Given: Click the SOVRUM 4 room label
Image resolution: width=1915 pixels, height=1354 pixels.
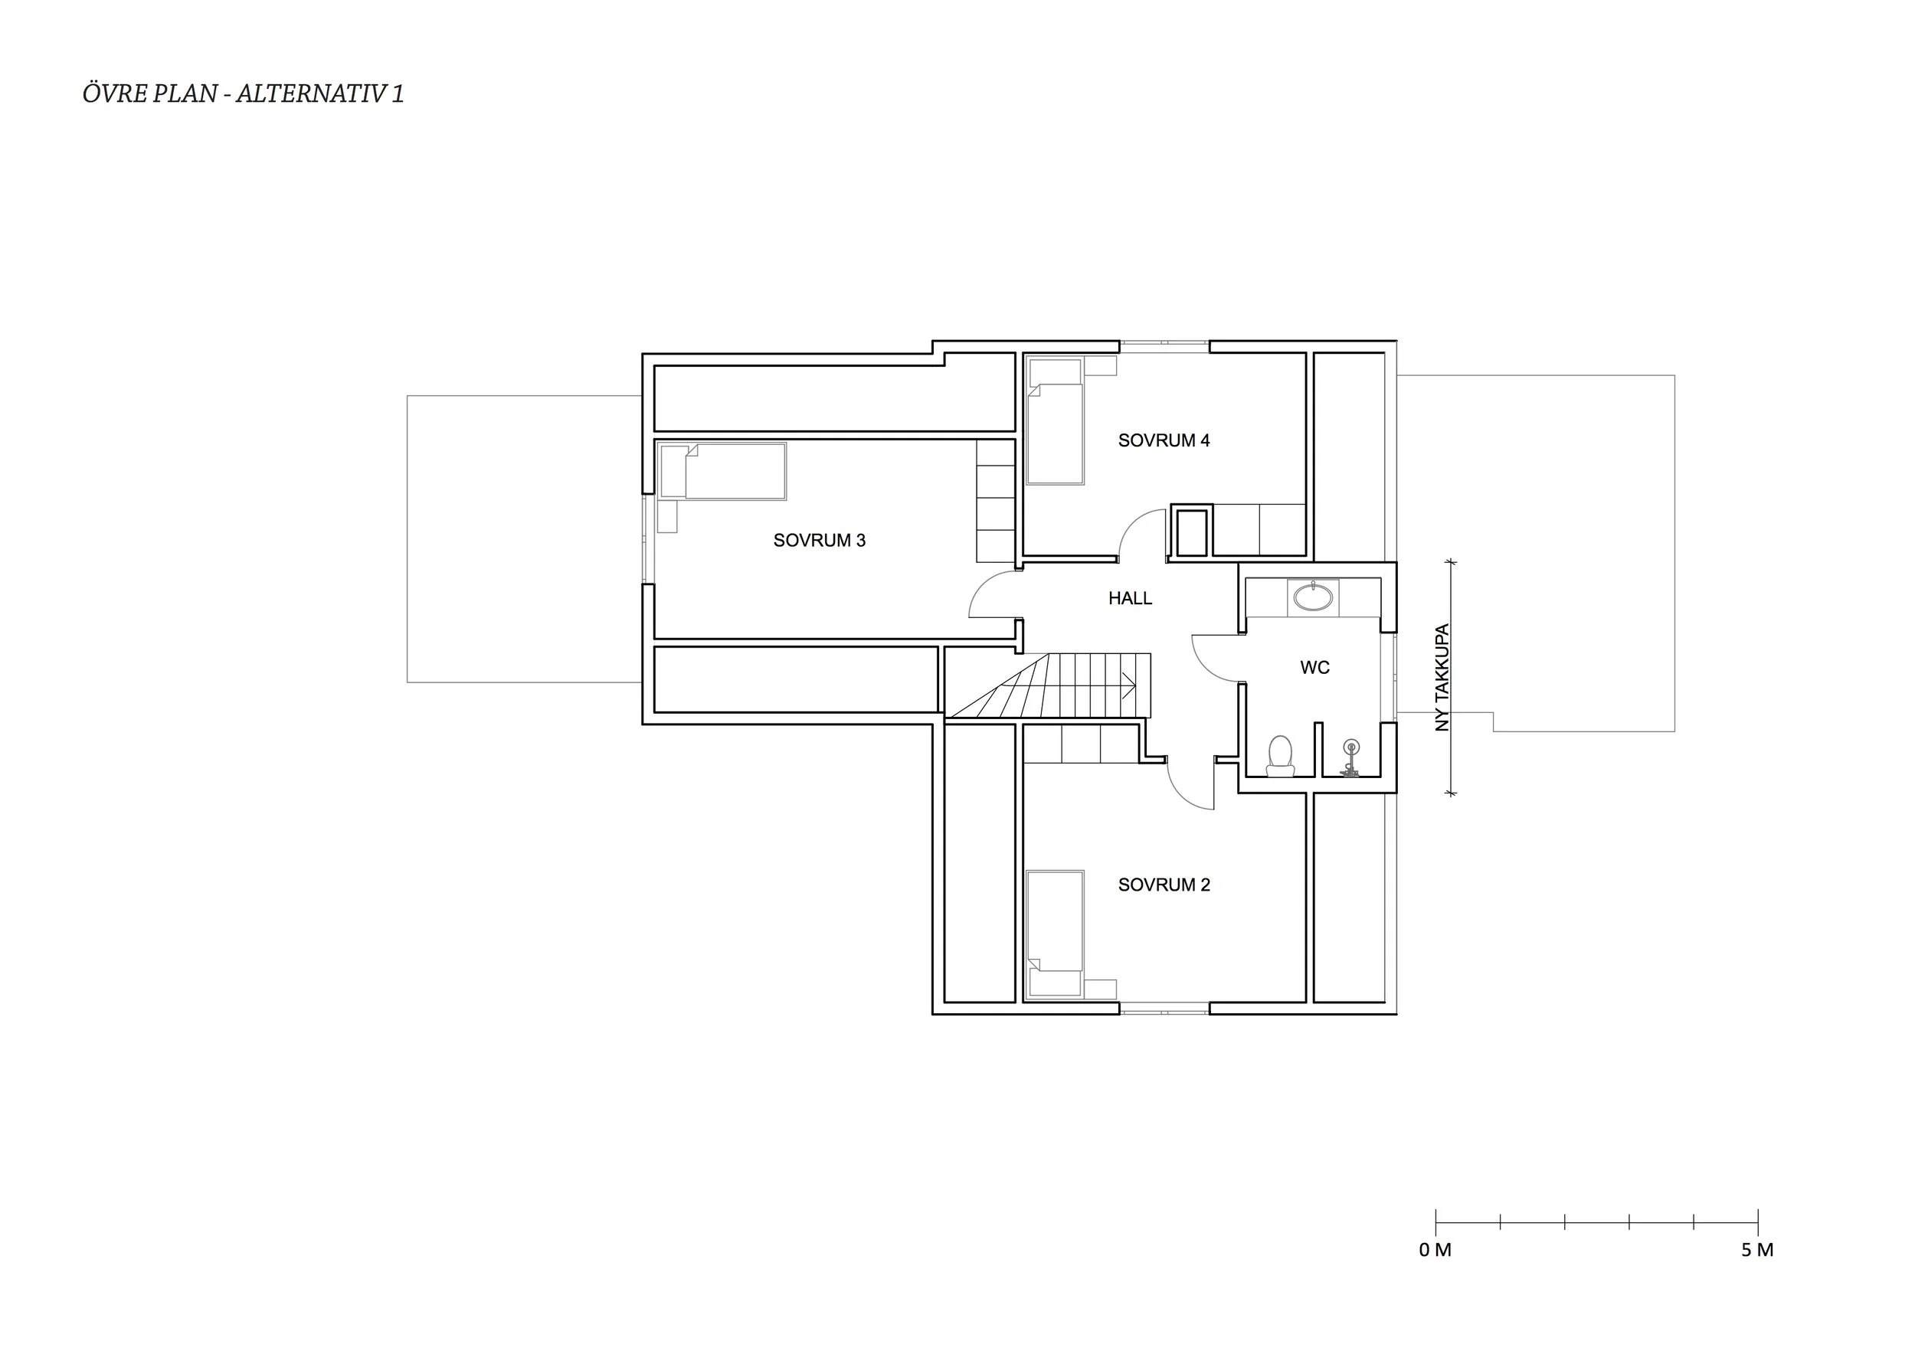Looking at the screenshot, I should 1164,440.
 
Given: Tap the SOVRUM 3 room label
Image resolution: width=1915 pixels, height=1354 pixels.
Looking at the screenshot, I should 819,540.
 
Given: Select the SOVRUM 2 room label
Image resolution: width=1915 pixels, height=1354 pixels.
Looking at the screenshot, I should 1164,885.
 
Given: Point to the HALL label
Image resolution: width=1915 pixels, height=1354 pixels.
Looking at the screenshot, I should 1130,598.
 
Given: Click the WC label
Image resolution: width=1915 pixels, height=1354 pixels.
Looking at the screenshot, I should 1314,667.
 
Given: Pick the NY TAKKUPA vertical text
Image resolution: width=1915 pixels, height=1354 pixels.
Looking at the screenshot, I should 1442,678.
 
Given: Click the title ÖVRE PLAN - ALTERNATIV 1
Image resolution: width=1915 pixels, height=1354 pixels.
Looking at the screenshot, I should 243,93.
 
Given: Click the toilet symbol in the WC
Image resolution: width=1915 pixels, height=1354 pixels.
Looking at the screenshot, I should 1279,755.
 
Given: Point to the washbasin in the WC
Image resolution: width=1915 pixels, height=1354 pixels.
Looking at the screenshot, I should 1313,597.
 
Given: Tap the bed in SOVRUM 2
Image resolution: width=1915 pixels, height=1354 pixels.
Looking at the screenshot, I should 1055,933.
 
